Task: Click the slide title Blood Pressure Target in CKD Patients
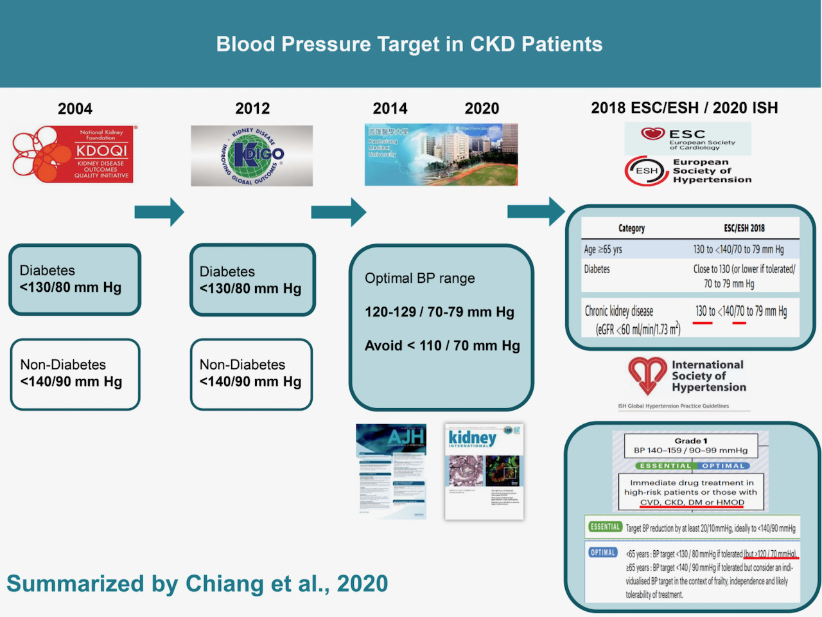click(x=409, y=44)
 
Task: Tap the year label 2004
click(x=75, y=109)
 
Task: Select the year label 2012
click(x=252, y=109)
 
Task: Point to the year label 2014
click(x=390, y=109)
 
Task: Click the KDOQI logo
click(x=73, y=154)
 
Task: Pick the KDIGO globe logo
click(x=252, y=156)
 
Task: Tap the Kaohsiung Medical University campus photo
click(x=441, y=155)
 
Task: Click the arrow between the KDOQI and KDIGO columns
click(x=159, y=212)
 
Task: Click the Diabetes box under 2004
click(x=74, y=280)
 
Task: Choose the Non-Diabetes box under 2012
click(x=251, y=374)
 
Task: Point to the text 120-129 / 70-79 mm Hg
click(x=439, y=312)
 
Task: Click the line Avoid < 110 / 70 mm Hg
click(x=442, y=346)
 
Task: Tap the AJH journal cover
click(x=391, y=471)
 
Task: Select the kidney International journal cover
click(x=484, y=472)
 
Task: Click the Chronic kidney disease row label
click(x=619, y=312)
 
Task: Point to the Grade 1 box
click(x=691, y=445)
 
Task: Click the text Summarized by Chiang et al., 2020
click(x=197, y=584)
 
